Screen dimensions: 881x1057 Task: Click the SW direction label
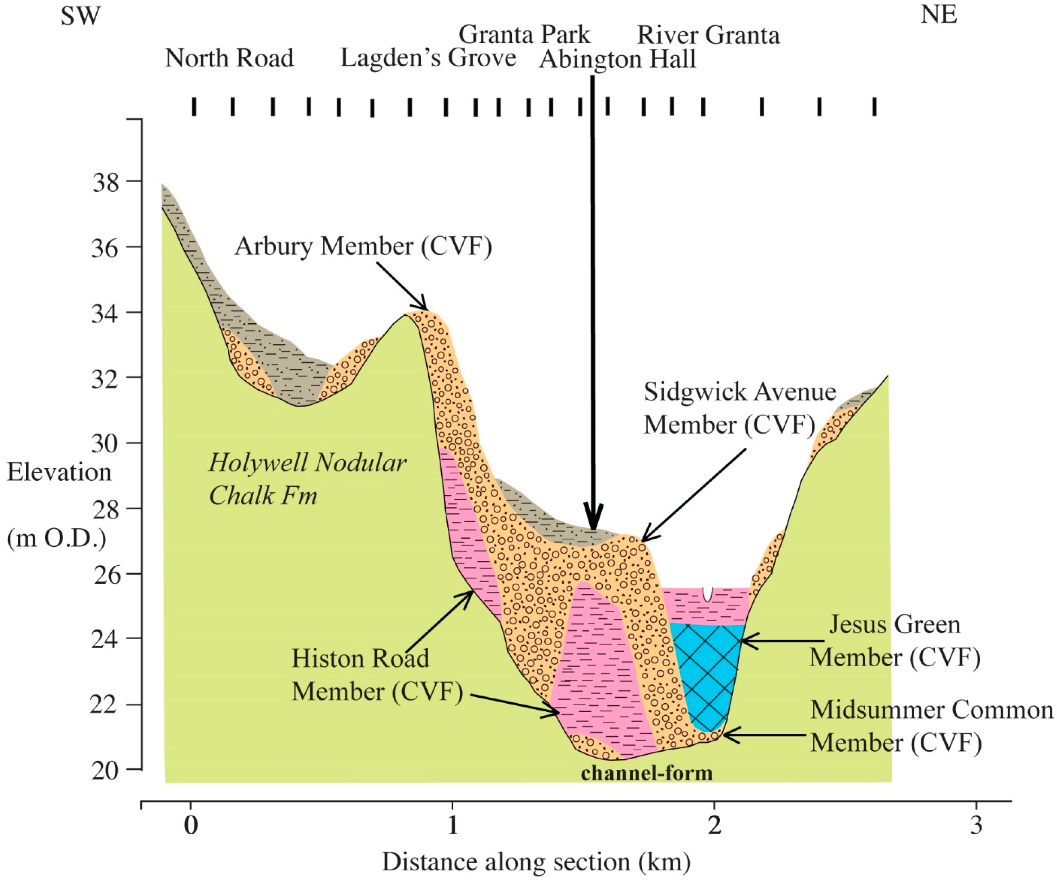tap(81, 16)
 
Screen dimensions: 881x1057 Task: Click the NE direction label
tap(939, 15)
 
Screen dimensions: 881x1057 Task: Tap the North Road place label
tap(229, 58)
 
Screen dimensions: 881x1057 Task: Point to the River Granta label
tap(708, 35)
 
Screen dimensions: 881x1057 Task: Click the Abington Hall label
tap(618, 59)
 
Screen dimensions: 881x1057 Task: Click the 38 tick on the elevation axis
tap(106, 182)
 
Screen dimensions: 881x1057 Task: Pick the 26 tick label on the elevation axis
tap(107, 575)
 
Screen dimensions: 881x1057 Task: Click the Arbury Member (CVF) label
tap(363, 247)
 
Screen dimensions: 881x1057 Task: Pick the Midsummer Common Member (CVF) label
tap(931, 726)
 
